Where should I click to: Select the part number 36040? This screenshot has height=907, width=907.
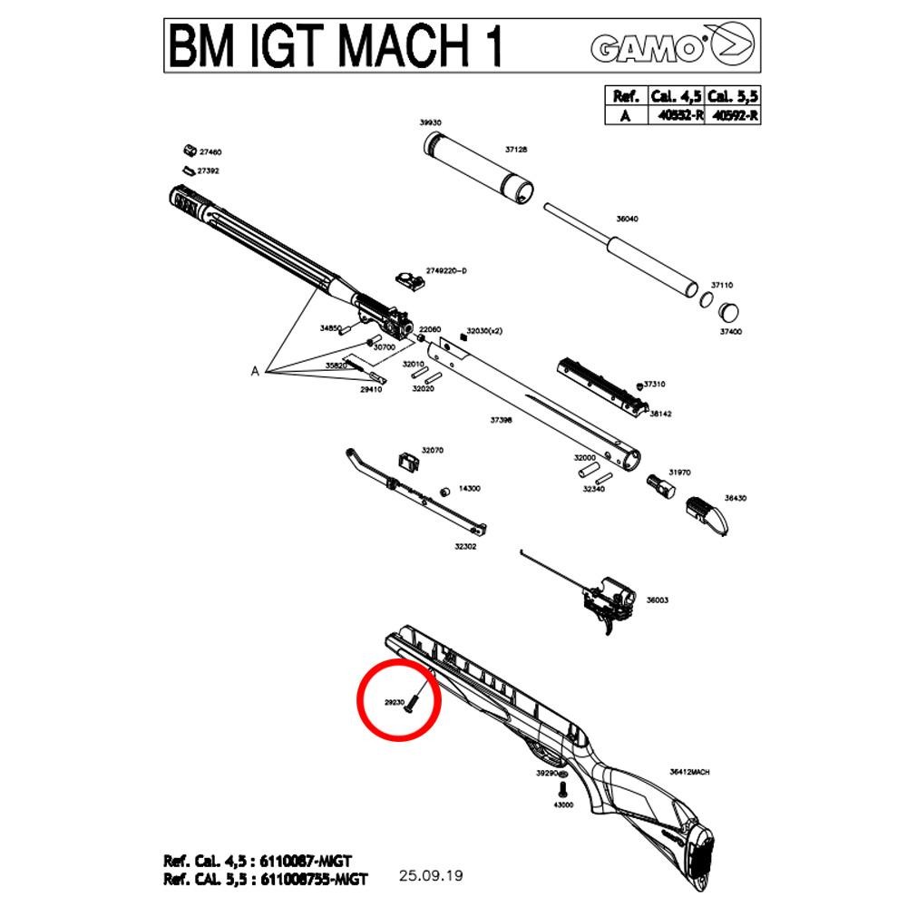pos(627,219)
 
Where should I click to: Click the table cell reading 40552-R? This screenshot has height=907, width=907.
pos(676,115)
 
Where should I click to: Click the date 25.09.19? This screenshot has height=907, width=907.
pos(431,875)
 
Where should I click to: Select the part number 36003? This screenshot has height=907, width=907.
pos(657,600)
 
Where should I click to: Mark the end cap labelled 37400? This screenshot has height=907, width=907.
pos(728,312)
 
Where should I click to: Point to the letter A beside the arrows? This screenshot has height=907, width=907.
pos(256,371)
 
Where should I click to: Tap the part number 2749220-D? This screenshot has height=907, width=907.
pos(446,271)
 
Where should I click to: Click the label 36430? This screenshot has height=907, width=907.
pos(735,498)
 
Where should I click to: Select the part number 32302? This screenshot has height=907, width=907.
pos(465,547)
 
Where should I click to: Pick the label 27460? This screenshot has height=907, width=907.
pos(210,152)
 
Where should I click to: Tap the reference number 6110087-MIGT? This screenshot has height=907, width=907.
pos(307,861)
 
